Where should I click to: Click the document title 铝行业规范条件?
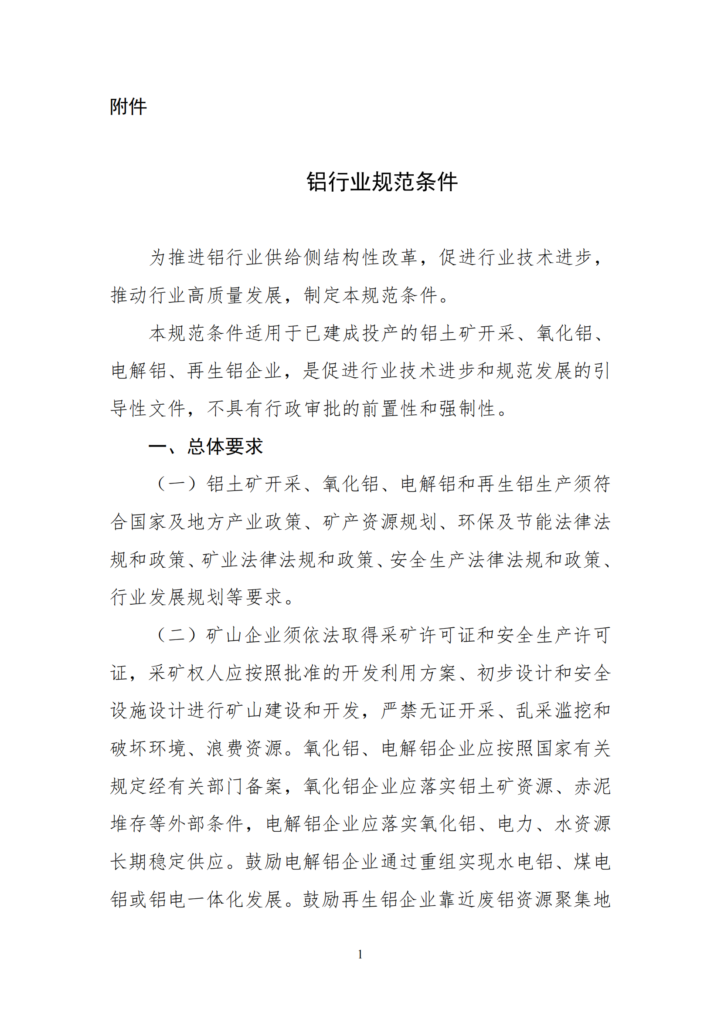click(x=382, y=182)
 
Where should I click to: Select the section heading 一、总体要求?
click(x=206, y=447)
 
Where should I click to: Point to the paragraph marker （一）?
click(x=177, y=484)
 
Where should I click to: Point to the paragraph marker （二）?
click(x=177, y=635)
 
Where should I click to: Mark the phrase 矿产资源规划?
click(x=370, y=522)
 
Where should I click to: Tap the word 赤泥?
click(x=593, y=786)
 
